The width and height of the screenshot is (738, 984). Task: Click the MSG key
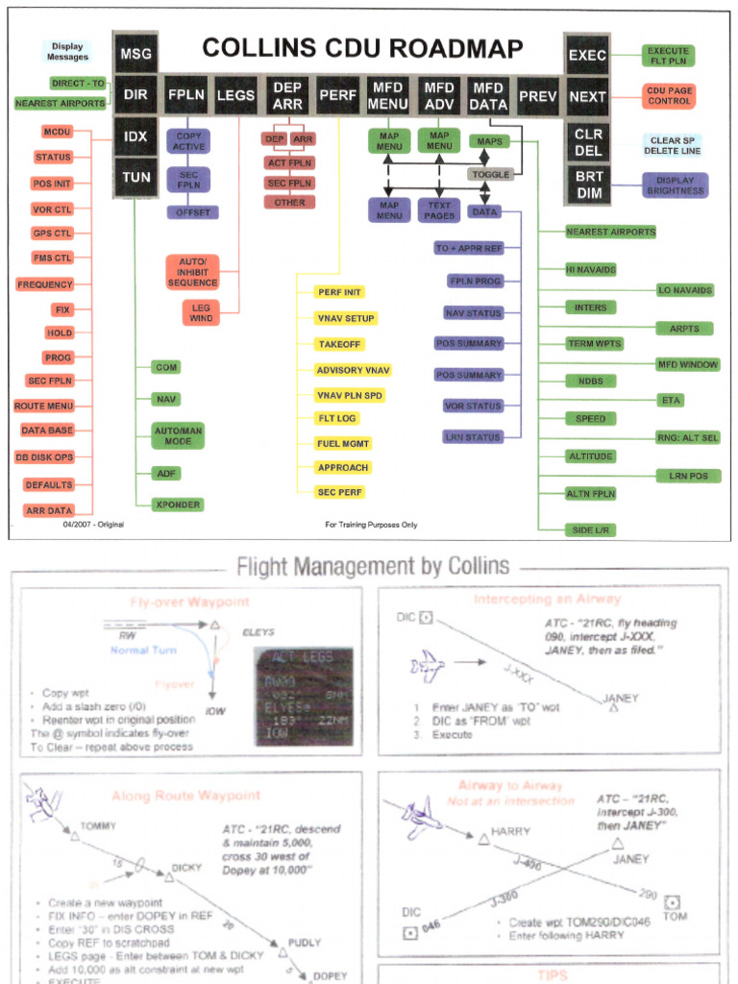point(135,55)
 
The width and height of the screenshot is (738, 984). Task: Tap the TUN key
point(135,178)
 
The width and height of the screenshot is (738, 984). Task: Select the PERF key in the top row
point(338,96)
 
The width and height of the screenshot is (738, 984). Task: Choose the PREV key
point(538,96)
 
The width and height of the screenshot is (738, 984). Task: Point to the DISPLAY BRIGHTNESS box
point(675,185)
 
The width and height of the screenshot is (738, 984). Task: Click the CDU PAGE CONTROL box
point(669,96)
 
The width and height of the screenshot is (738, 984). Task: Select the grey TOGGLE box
point(492,175)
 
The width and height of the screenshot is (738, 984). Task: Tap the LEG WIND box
point(202,312)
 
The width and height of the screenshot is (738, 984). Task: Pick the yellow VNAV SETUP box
point(347,318)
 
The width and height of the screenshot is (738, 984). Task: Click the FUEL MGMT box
point(343,443)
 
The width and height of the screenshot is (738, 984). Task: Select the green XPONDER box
point(178,504)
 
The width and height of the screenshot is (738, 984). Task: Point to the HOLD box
point(60,332)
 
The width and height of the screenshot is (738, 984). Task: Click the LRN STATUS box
point(473,437)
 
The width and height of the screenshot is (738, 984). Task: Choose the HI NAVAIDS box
point(591,270)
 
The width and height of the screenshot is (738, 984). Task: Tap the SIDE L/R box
point(591,530)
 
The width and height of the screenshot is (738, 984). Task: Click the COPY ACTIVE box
point(188,142)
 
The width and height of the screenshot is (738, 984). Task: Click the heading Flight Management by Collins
point(373,566)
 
